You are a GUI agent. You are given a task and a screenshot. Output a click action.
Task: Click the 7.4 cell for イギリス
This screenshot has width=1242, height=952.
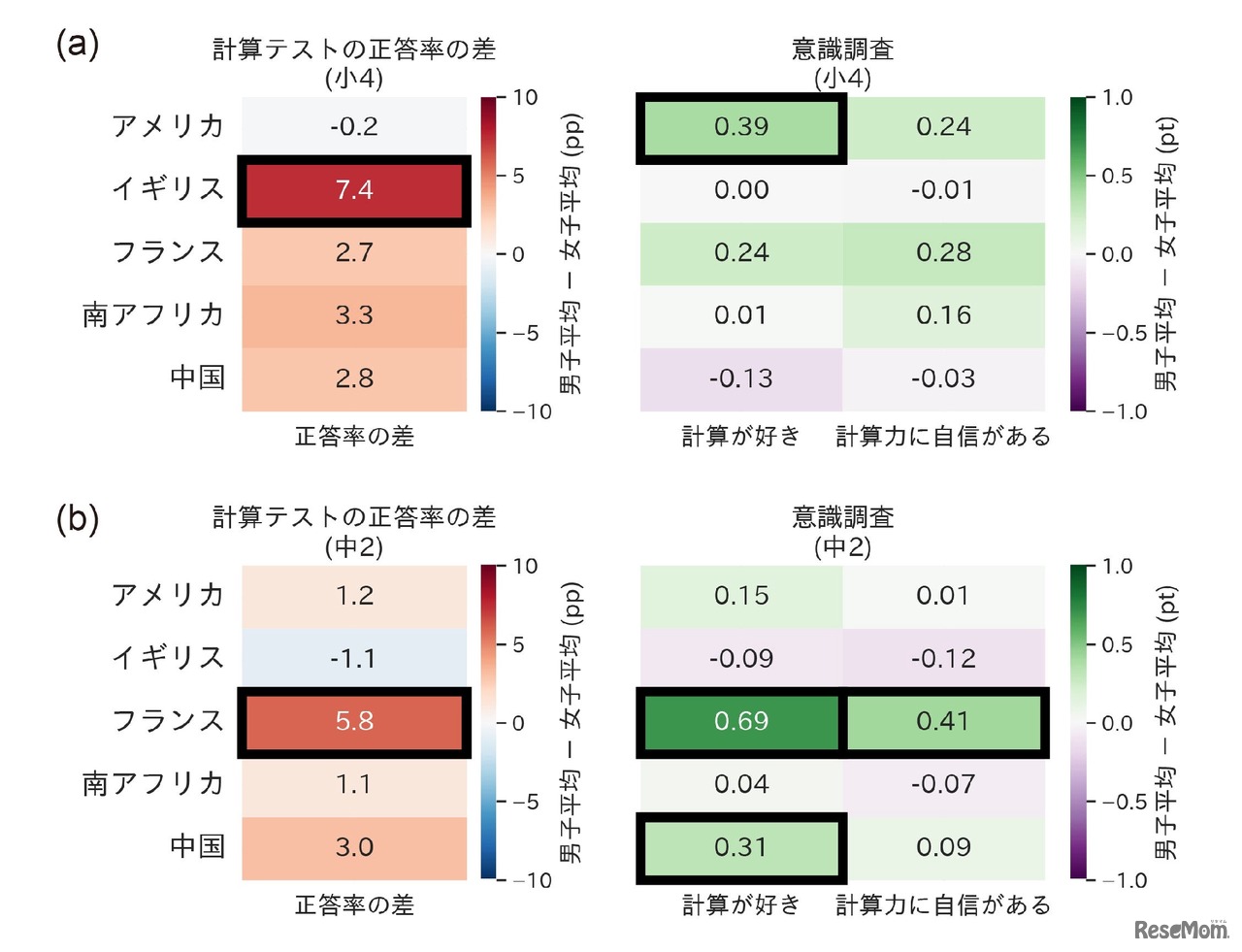point(354,190)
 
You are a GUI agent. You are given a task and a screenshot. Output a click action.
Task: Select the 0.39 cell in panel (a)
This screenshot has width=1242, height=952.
point(741,127)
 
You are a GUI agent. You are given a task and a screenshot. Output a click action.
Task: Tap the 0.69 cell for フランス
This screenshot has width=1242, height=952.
point(741,722)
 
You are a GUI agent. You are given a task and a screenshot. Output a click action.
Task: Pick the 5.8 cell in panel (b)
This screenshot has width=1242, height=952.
point(354,722)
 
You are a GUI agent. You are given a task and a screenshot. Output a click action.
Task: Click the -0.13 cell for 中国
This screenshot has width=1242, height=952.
point(741,378)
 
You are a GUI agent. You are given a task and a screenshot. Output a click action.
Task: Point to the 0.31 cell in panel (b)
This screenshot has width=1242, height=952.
point(741,847)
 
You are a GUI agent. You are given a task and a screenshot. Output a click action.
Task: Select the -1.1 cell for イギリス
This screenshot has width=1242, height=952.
point(354,659)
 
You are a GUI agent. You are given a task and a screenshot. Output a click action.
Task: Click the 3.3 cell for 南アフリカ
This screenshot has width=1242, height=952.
point(354,315)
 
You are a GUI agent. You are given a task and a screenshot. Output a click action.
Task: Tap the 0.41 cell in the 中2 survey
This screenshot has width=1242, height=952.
point(943,722)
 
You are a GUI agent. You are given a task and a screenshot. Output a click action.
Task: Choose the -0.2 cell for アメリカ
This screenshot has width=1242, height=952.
point(354,127)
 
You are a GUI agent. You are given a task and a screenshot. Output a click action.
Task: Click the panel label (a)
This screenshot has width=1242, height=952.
point(78,45)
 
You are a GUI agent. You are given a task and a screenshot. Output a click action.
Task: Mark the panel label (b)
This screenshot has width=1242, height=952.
point(78,519)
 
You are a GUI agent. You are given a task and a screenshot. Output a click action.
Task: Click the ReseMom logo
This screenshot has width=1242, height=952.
point(1181,929)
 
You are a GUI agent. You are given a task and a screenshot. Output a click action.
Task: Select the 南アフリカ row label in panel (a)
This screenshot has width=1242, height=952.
point(153,315)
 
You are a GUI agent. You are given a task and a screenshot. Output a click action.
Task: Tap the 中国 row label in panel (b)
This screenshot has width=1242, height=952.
point(197,846)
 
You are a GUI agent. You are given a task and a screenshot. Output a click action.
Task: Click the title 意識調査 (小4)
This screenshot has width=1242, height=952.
point(842,63)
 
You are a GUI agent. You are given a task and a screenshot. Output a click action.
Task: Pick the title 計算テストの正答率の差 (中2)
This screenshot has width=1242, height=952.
point(354,532)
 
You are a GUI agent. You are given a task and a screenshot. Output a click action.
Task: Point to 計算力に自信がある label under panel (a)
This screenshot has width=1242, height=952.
point(943,437)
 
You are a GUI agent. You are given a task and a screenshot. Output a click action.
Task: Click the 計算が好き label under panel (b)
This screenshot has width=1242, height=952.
point(741,905)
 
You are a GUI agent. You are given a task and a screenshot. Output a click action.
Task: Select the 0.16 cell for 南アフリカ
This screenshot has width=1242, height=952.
point(943,315)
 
